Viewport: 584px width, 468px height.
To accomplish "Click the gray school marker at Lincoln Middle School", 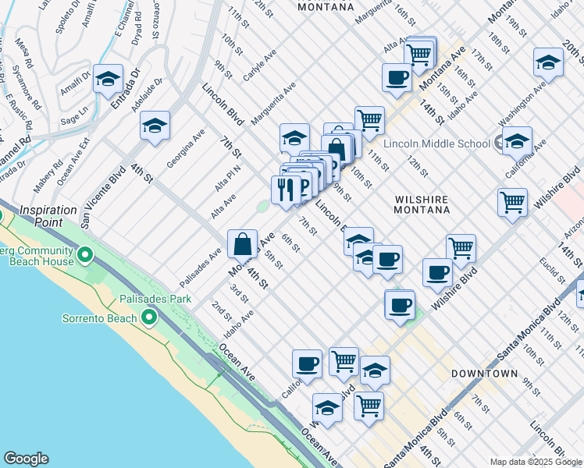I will [x=500, y=144].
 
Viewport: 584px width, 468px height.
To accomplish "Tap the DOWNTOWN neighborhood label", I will [x=484, y=374].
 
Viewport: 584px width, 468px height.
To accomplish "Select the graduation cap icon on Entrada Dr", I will [x=108, y=79].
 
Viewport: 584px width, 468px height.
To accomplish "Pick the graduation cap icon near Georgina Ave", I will [x=155, y=126].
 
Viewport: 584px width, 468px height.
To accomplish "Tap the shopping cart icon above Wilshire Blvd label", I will [x=461, y=249].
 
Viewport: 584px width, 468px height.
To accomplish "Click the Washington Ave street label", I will [x=522, y=103].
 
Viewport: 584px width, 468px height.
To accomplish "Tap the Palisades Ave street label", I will [x=201, y=266].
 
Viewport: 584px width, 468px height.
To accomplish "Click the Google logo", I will [x=26, y=459].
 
